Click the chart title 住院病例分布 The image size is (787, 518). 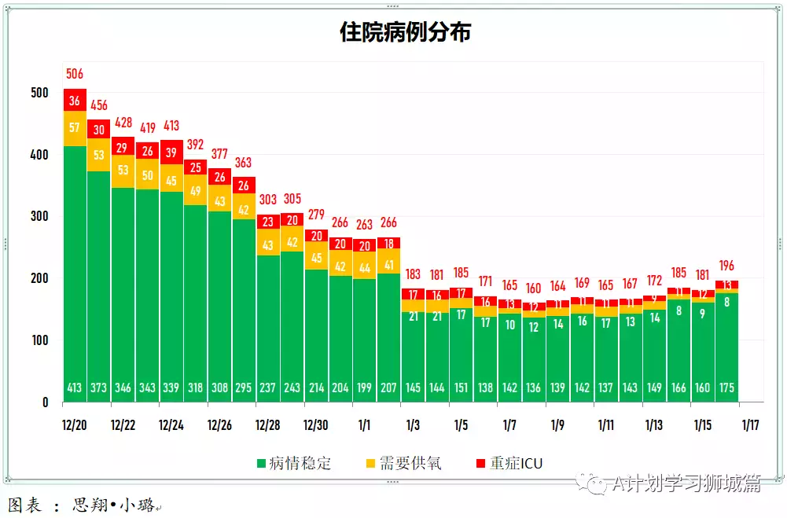pyautogui.click(x=405, y=32)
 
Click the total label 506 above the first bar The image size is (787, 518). pyautogui.click(x=75, y=75)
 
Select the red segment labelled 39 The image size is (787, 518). pyautogui.click(x=171, y=153)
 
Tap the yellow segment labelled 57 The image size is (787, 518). pyautogui.click(x=75, y=128)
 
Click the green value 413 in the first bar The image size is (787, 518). pyautogui.click(x=75, y=388)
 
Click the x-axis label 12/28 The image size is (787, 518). pyautogui.click(x=267, y=425)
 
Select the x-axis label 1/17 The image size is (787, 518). pyautogui.click(x=751, y=425)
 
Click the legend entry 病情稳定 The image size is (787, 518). pyautogui.click(x=292, y=464)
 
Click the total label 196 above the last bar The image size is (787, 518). pyautogui.click(x=726, y=266)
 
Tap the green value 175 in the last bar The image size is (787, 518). pyautogui.click(x=726, y=388)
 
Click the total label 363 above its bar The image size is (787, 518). pyautogui.click(x=244, y=163)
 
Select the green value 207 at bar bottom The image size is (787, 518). pyautogui.click(x=388, y=388)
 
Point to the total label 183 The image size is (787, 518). pyautogui.click(x=413, y=274)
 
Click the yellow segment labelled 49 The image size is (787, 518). pyautogui.click(x=196, y=191)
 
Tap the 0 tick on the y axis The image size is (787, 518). pyautogui.click(x=45, y=402)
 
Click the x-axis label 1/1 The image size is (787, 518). pyautogui.click(x=364, y=425)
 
